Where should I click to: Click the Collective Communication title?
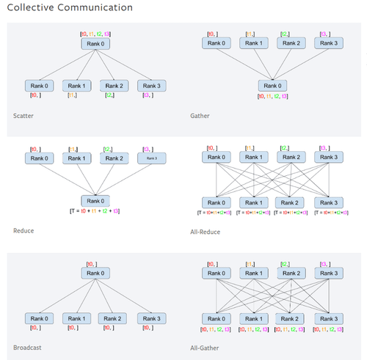pos(70,8)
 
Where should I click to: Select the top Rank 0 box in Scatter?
pos(95,44)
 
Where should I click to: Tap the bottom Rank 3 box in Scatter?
pos(149,85)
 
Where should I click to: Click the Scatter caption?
pos(23,115)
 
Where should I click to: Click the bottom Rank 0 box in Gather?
pos(274,86)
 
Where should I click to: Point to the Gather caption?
pos(201,115)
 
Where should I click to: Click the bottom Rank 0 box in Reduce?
pos(95,200)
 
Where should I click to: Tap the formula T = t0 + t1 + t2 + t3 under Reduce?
pos(95,210)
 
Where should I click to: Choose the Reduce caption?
pos(23,230)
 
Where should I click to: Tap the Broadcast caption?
pos(28,347)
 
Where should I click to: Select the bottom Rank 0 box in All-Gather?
pos(217,319)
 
